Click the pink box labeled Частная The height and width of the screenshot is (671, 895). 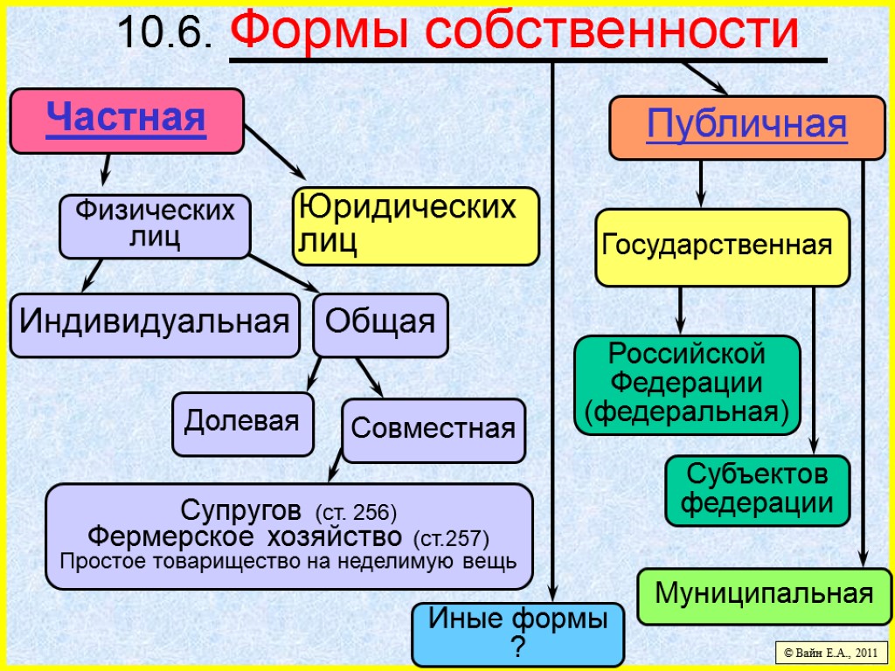tap(126, 121)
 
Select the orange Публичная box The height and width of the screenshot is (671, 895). tap(746, 128)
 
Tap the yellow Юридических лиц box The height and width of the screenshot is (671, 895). tap(415, 226)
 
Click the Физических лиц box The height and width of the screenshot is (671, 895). tap(155, 226)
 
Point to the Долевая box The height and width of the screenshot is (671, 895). tap(242, 424)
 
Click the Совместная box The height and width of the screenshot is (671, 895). tap(433, 430)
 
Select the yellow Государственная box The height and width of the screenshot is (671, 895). tap(722, 247)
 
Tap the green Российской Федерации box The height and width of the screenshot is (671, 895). tap(687, 384)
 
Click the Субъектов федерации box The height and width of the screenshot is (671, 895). tap(757, 490)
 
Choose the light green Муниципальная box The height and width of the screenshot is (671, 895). tap(764, 596)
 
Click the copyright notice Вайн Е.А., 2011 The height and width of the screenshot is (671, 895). tap(831, 652)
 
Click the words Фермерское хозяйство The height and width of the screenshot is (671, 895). tap(247, 535)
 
